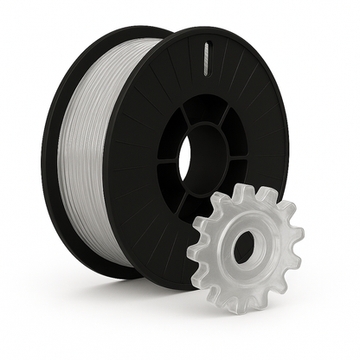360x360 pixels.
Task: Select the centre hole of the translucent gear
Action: coord(244,245)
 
